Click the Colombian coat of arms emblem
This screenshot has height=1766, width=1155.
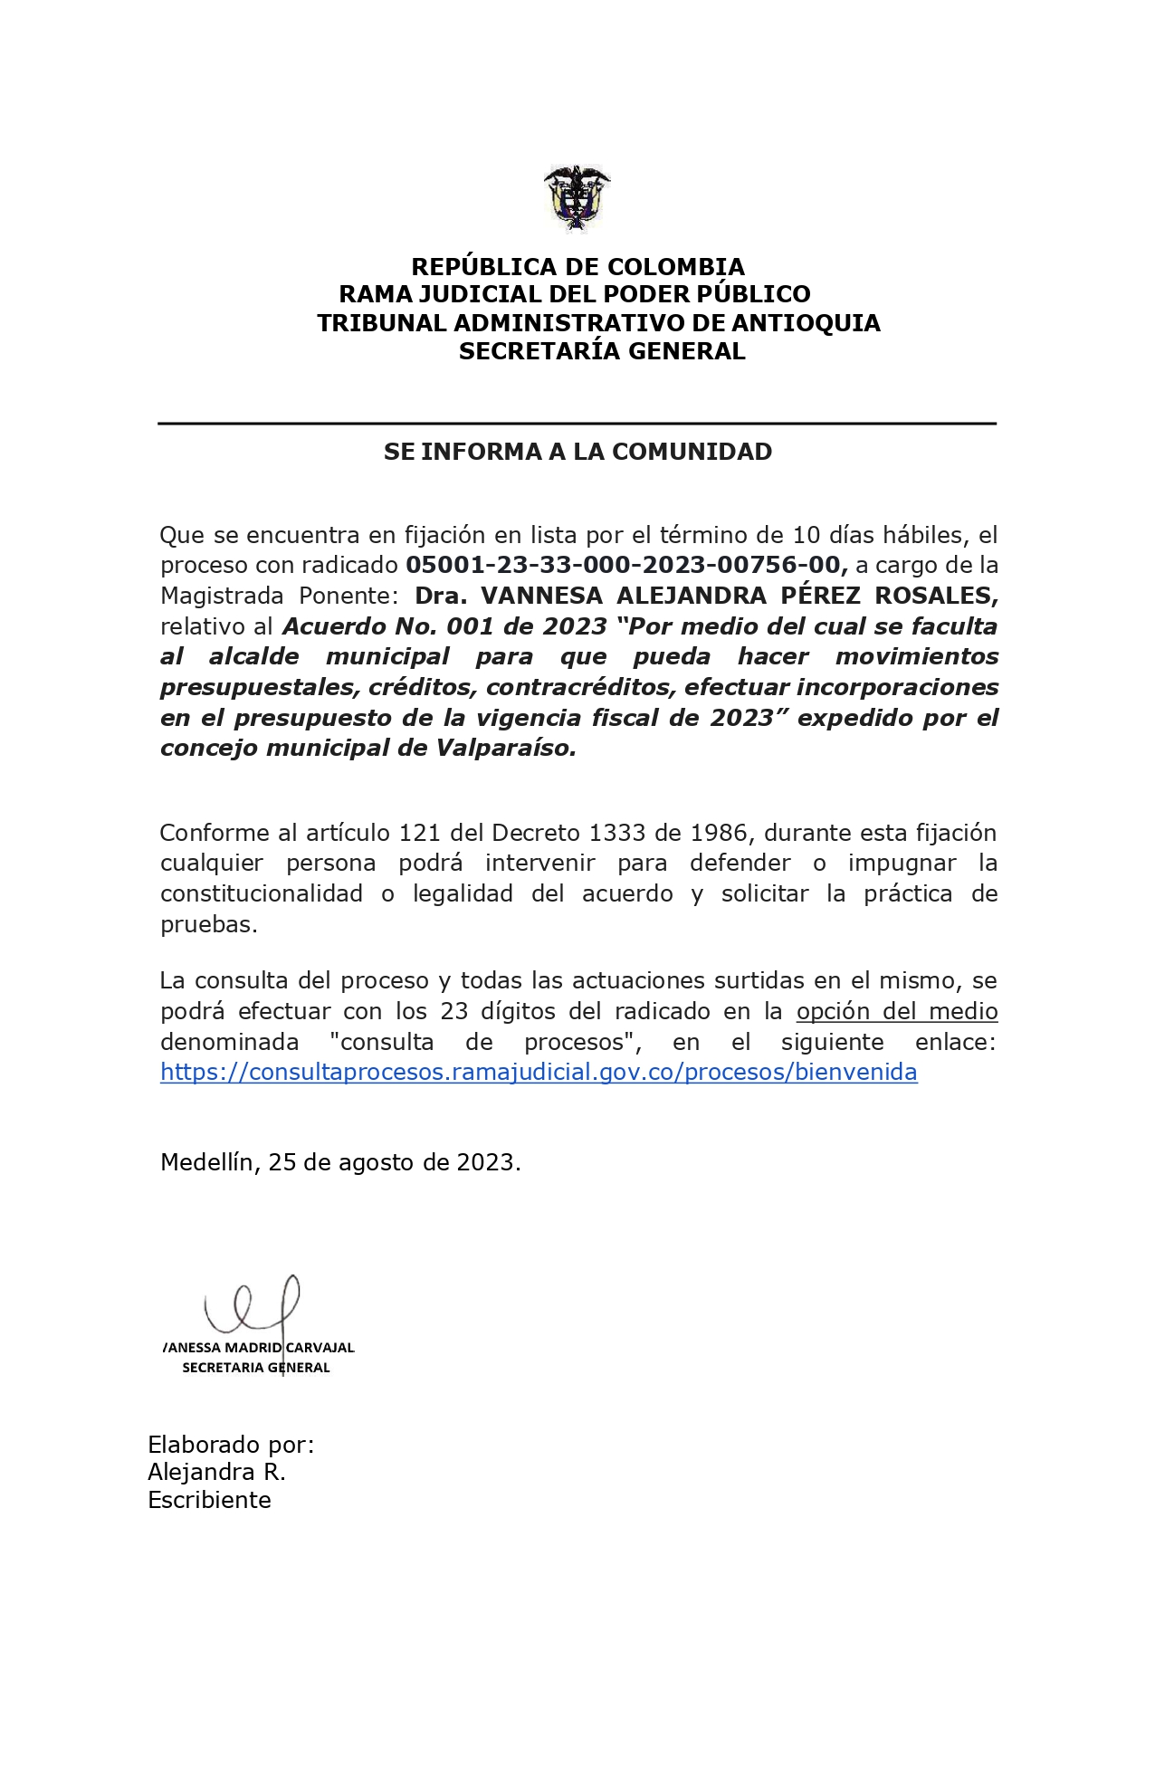(x=577, y=198)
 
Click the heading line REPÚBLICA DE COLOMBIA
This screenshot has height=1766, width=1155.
(x=577, y=267)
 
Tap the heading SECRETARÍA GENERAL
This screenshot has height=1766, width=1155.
(x=602, y=351)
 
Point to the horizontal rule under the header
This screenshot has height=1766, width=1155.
(x=577, y=424)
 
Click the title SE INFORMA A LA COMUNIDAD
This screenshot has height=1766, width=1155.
(x=577, y=452)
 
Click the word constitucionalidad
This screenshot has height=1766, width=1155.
(x=262, y=893)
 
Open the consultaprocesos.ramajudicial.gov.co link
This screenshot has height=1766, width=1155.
(x=539, y=1072)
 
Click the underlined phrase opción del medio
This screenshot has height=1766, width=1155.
(x=896, y=1011)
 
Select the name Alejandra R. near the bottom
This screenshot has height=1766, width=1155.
(x=216, y=1472)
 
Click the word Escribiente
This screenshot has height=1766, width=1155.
(x=209, y=1500)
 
